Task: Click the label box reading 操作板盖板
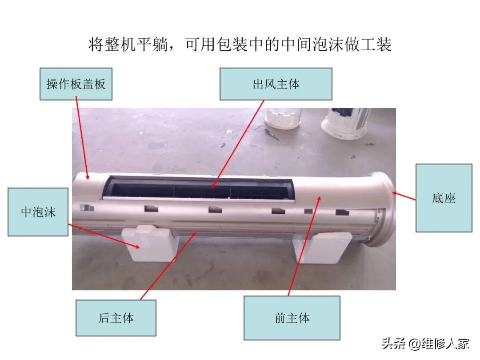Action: tap(76, 84)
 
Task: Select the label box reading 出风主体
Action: tap(276, 84)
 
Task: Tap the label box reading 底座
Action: tap(444, 198)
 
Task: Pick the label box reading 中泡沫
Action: tap(38, 212)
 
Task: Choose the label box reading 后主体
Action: tap(116, 318)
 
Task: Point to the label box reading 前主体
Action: tap(292, 318)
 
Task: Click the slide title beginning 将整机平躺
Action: tap(240, 44)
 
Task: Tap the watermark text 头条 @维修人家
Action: tap(425, 344)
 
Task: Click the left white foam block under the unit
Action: tap(150, 244)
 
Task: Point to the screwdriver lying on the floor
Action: tap(272, 134)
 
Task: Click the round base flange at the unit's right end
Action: tap(380, 209)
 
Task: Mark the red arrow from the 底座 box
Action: tap(404, 196)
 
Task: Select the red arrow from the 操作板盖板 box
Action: tap(82, 138)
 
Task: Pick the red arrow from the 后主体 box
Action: tap(168, 266)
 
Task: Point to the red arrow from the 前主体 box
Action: tap(304, 246)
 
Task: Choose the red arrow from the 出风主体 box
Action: tap(237, 144)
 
